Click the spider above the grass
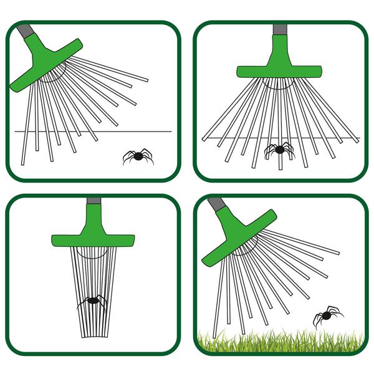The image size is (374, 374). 325,317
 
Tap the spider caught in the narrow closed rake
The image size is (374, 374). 93,300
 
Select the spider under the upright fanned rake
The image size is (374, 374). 279,150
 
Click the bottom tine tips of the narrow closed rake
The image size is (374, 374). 93,337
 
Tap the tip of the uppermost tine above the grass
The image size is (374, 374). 337,253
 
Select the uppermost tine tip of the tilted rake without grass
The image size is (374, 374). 146,79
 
